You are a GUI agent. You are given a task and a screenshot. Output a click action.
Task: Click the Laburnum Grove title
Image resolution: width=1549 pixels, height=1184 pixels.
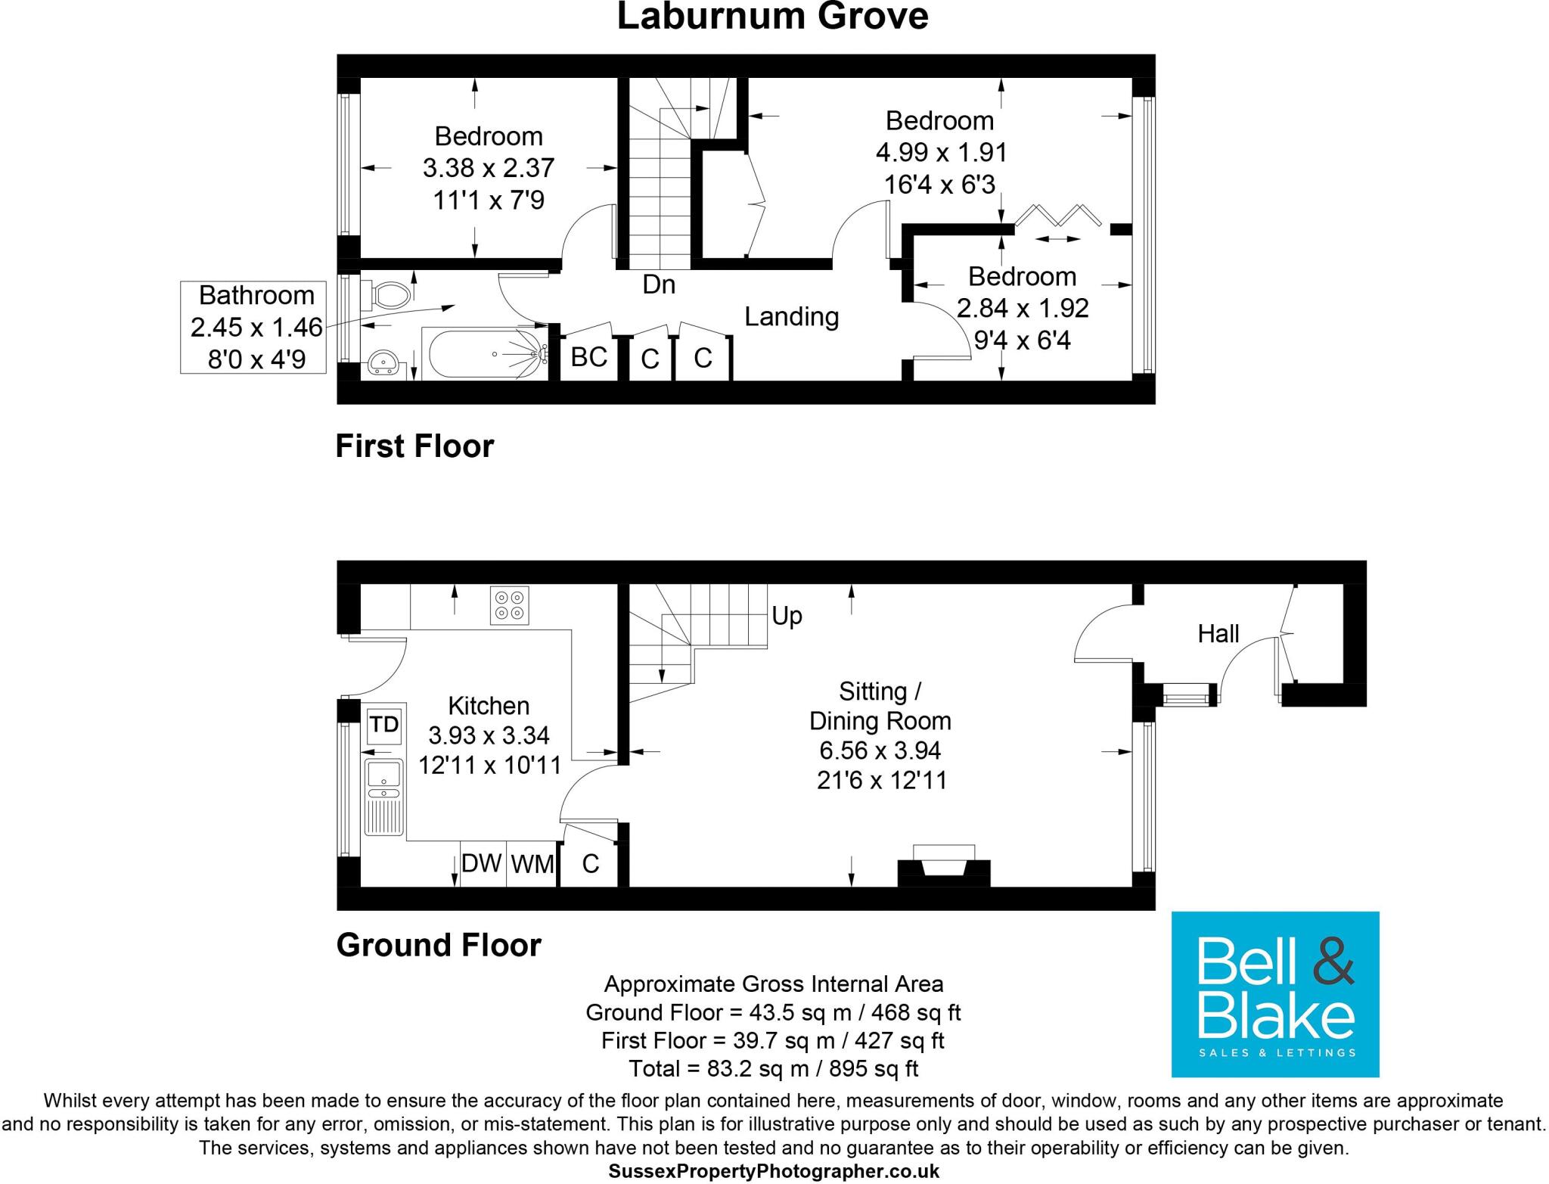click(772, 17)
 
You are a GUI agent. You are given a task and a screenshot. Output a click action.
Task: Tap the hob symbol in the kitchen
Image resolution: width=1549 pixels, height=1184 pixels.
click(509, 605)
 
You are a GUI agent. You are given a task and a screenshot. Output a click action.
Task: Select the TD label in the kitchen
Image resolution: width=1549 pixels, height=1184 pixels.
click(384, 725)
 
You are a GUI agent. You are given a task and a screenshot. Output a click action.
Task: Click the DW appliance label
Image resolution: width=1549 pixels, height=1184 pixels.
click(482, 862)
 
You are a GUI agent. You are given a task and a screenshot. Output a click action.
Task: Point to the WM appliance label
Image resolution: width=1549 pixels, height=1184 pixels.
click(532, 863)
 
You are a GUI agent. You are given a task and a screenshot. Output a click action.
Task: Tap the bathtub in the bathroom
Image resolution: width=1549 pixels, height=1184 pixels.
click(484, 353)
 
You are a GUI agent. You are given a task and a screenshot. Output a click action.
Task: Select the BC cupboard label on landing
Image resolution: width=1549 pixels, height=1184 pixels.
click(588, 356)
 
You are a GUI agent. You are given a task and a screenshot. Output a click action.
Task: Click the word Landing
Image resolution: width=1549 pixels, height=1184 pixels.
click(791, 316)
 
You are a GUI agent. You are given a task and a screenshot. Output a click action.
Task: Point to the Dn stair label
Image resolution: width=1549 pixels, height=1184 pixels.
click(658, 284)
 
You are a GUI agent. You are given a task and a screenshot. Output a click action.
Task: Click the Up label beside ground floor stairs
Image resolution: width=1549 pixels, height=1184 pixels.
click(787, 616)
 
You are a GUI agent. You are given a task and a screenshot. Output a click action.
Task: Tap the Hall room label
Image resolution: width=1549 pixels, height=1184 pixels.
click(1218, 633)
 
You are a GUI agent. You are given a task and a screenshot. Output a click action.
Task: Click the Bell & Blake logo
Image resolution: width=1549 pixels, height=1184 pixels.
click(1274, 994)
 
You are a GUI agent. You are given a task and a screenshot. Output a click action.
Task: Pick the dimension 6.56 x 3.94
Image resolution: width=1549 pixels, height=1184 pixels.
click(880, 750)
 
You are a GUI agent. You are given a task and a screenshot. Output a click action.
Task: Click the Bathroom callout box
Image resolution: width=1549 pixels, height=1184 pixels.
click(253, 327)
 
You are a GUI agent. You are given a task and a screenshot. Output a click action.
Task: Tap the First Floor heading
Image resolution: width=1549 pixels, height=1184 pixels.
click(414, 446)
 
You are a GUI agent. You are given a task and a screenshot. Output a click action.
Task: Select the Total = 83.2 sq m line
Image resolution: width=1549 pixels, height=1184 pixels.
click(773, 1068)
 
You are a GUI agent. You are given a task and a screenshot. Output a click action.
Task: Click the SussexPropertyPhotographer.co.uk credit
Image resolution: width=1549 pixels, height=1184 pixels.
click(773, 1171)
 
